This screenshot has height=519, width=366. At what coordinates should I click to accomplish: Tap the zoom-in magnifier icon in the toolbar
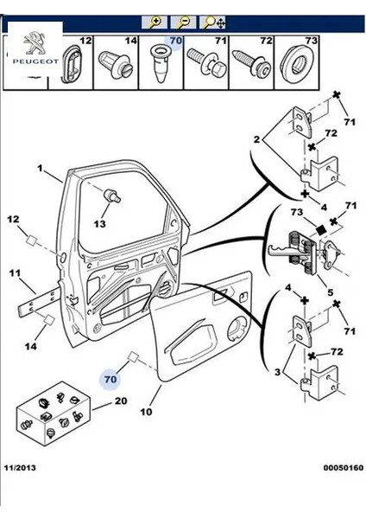(x=157, y=21)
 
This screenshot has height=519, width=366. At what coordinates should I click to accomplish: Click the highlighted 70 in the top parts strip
(x=175, y=40)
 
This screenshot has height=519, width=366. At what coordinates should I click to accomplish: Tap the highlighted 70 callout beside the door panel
(x=110, y=378)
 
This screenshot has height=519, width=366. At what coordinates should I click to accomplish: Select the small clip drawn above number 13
(x=112, y=196)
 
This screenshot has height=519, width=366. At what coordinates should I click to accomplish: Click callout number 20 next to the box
(x=121, y=400)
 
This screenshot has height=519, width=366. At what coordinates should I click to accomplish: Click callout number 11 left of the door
(x=14, y=274)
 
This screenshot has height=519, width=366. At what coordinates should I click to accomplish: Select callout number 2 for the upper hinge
(x=256, y=138)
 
